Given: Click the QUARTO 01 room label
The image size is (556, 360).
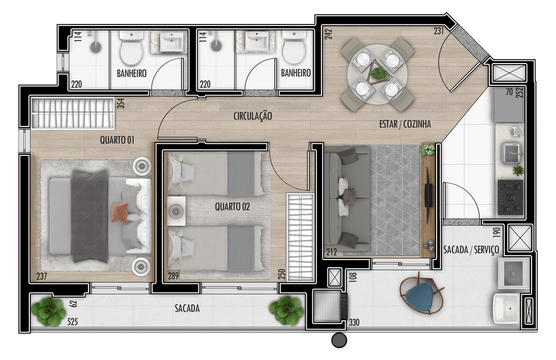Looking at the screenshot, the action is pos(117,140).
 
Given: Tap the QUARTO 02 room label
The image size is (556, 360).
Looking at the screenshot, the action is pos(232,206).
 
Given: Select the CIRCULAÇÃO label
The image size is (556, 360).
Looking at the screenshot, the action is pos(253,116).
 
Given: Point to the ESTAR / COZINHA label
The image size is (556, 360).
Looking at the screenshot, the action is pos(405,124).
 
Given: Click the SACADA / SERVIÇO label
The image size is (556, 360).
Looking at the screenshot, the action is pos(471,250).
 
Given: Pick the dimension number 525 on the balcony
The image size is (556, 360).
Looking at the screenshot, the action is pos(73,321).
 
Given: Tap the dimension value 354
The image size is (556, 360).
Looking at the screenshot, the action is pos(121,103).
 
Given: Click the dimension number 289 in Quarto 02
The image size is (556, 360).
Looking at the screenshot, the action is pos(173,276).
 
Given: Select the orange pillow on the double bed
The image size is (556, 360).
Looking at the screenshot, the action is pos(120,212).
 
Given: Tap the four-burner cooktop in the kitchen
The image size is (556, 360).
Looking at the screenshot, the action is pos(510,198).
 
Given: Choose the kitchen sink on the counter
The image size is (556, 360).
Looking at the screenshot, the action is pos(511,153).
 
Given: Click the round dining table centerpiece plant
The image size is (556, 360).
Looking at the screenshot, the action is pos(380,74).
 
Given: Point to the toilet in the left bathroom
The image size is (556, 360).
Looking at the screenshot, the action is pos(131,48).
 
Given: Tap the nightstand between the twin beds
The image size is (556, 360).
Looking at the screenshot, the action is pos(176,211).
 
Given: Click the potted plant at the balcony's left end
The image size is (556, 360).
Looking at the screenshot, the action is pos(48,312).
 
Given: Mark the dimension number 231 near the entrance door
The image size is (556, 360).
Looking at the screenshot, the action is pos(439,31).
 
